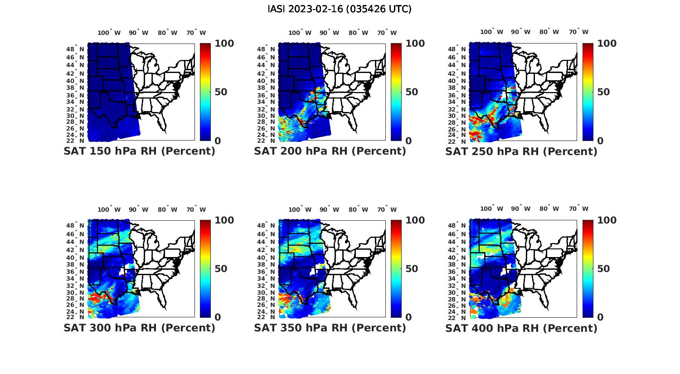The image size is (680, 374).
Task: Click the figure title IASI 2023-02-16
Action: point(340,9)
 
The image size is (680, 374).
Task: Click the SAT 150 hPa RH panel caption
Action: point(140,151)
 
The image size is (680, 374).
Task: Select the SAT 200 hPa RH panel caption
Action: point(330,151)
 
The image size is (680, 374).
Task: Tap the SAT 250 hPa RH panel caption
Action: point(521,151)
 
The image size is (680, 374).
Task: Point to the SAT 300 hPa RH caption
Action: point(140,328)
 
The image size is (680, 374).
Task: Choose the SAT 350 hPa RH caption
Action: point(330,328)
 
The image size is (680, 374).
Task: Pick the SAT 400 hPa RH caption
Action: point(521,328)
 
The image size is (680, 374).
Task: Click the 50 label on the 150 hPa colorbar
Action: point(221,92)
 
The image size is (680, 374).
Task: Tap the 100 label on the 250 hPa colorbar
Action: point(607,44)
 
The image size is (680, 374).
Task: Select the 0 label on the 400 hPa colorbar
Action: point(600,317)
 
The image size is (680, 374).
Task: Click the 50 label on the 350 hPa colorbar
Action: point(412,269)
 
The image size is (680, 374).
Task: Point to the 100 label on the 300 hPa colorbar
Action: point(224,220)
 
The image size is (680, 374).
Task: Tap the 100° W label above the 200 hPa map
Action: point(300,33)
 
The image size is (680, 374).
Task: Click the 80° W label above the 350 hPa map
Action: point(358,209)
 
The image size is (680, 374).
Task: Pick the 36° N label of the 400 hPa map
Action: point(461,272)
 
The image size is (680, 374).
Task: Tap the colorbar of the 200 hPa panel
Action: point(396,92)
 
